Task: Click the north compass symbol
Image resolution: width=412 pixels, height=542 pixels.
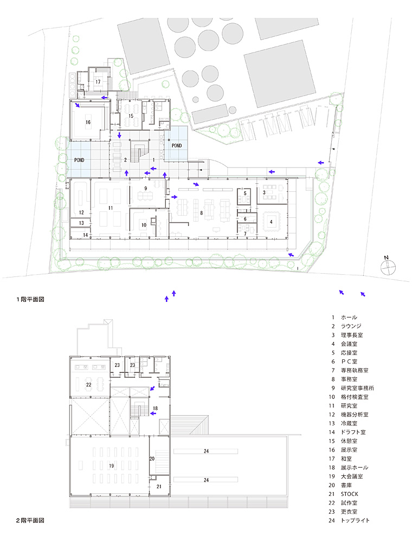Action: click(x=388, y=266)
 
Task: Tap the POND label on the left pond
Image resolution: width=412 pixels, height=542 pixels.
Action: click(x=79, y=160)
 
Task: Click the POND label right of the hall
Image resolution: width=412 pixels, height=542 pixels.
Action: click(x=177, y=145)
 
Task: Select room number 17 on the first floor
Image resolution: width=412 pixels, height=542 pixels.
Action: click(x=98, y=82)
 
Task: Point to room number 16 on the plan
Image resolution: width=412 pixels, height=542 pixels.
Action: click(x=88, y=122)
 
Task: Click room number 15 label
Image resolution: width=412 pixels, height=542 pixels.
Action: click(x=131, y=116)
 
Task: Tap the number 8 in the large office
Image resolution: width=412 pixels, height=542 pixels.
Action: click(x=202, y=213)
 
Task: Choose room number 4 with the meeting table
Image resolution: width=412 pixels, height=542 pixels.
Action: click(x=271, y=222)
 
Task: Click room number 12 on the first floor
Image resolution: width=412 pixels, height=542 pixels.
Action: click(x=81, y=212)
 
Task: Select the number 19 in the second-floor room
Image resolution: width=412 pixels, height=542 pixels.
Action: click(x=111, y=466)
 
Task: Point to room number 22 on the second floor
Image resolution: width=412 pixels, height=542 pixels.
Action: click(x=88, y=384)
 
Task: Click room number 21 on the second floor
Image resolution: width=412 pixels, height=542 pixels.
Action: click(x=159, y=486)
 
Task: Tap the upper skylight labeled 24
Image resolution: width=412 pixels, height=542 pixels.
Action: click(x=206, y=451)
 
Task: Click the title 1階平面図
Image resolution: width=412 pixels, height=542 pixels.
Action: click(x=30, y=299)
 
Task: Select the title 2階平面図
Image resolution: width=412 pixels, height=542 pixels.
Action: click(x=30, y=520)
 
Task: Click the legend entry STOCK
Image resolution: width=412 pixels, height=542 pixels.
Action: click(x=350, y=494)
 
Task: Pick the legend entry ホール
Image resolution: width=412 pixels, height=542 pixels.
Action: click(x=349, y=317)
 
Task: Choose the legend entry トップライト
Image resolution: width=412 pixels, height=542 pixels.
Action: click(x=355, y=520)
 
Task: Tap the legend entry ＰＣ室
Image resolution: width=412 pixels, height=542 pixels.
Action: click(x=349, y=362)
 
